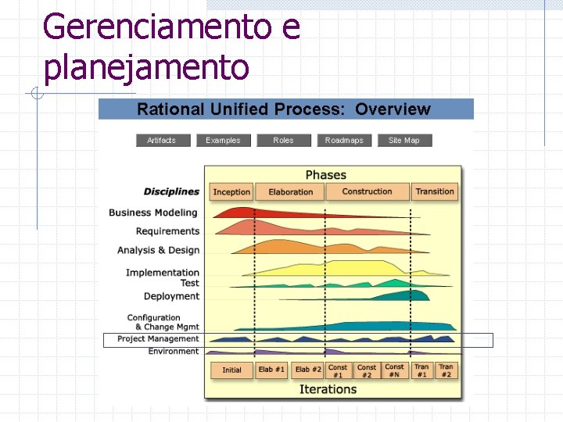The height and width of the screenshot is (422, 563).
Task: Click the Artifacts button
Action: pyautogui.click(x=161, y=141)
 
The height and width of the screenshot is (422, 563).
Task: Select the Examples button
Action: pyautogui.click(x=223, y=141)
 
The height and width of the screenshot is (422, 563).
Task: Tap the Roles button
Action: pyautogui.click(x=283, y=141)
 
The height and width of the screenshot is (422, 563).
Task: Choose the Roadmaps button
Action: pyautogui.click(x=344, y=141)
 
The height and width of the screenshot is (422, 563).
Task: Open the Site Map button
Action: pyautogui.click(x=404, y=141)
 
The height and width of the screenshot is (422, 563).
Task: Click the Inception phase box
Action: pyautogui.click(x=231, y=192)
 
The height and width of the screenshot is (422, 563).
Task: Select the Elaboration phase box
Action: pyautogui.click(x=290, y=192)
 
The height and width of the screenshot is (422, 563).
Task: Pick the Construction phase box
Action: pyautogui.click(x=367, y=192)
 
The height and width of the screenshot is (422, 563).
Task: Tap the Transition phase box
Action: pyautogui.click(x=435, y=192)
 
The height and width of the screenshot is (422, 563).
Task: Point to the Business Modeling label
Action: pyautogui.click(x=153, y=213)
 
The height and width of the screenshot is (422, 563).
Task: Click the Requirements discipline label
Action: pyautogui.click(x=167, y=231)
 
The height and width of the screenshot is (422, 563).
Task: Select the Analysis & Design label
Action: pyautogui.click(x=158, y=250)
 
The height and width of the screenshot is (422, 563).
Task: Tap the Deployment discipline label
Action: pyautogui.click(x=171, y=296)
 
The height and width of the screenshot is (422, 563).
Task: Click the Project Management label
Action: pyautogui.click(x=158, y=339)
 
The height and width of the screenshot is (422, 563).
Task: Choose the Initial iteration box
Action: pyautogui.click(x=231, y=370)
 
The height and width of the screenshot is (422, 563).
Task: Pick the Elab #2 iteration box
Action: pyautogui.click(x=308, y=370)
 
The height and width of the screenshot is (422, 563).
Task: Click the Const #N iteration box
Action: pyautogui.click(x=395, y=370)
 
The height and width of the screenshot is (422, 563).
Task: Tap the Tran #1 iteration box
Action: pyautogui.click(x=421, y=370)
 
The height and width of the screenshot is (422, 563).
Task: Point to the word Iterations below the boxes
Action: pyautogui.click(x=328, y=389)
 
